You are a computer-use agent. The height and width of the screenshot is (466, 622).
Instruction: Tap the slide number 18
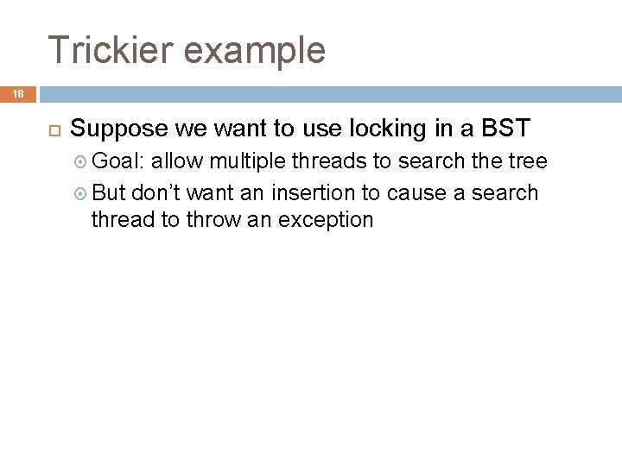click(x=17, y=94)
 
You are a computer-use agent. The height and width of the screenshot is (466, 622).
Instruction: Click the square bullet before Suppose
click(x=52, y=129)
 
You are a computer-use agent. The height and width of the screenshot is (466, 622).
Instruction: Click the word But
click(x=109, y=192)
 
